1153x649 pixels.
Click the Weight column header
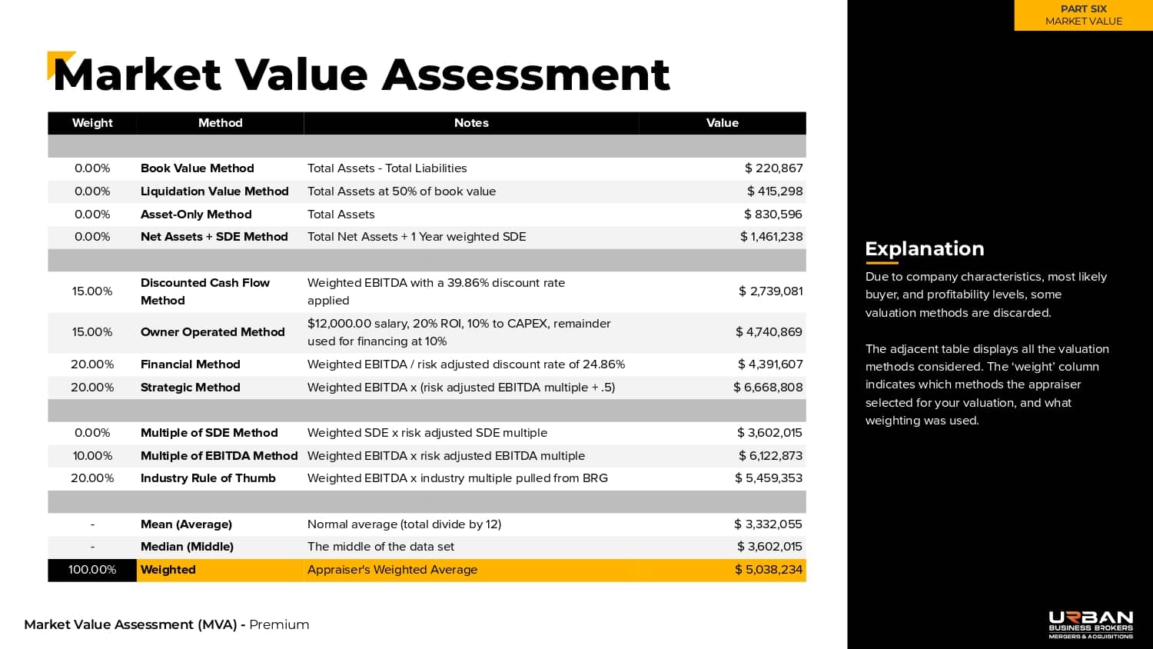click(x=92, y=123)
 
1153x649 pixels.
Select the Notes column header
click(x=471, y=123)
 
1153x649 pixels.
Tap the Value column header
click(x=722, y=123)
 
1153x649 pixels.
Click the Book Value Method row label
click(x=197, y=168)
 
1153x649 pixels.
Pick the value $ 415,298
click(x=774, y=191)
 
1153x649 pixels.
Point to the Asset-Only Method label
click(x=196, y=215)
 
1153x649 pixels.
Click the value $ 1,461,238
click(x=771, y=237)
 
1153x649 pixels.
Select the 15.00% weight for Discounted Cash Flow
click(x=92, y=291)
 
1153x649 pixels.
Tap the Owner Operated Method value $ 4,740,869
click(x=769, y=332)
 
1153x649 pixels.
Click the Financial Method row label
click(x=190, y=364)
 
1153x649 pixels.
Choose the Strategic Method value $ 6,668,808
click(x=768, y=388)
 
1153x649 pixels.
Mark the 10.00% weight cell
click(x=92, y=456)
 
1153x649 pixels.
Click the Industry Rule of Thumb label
click(x=208, y=478)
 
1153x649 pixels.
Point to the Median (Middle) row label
click(x=187, y=547)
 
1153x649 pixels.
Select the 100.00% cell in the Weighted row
click(x=92, y=570)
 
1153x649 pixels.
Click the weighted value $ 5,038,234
click(x=768, y=570)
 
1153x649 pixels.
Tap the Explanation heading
click(x=924, y=248)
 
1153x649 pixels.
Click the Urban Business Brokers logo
click(x=1091, y=624)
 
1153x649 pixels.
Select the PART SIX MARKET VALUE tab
click(x=1083, y=15)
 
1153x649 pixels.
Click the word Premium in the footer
click(x=279, y=624)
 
